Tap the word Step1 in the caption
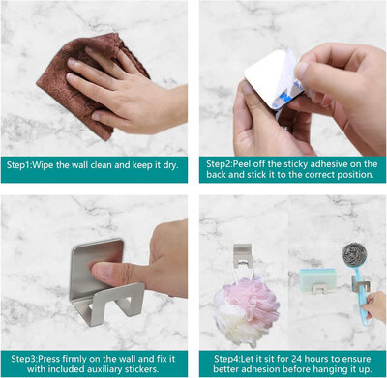coord(18,165)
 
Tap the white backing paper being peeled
coord(286,80)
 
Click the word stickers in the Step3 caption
coord(142,368)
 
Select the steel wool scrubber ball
coord(354,254)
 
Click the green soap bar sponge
coord(317,279)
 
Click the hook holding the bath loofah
coord(243,255)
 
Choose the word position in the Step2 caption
coord(355,175)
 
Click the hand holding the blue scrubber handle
coord(374,306)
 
